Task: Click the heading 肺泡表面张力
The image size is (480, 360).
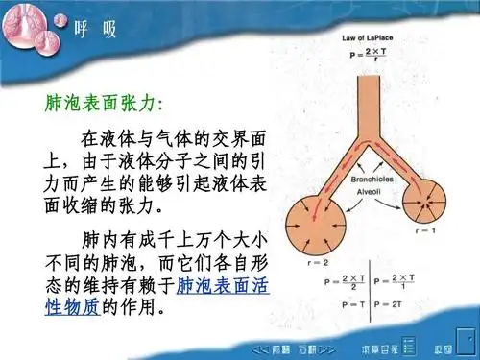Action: coord(106,102)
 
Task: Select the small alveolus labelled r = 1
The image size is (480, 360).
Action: coord(423,202)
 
